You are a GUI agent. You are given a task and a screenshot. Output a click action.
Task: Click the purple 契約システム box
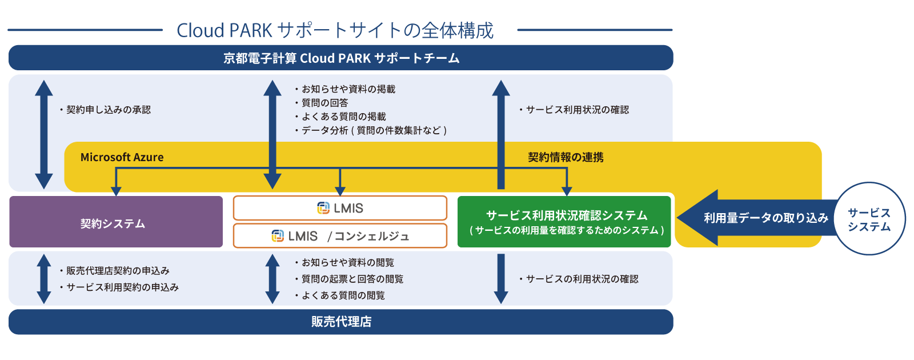click(116, 222)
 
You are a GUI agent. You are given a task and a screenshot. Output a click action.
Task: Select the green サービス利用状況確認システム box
click(564, 222)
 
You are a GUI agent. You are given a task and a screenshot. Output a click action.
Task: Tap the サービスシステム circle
click(869, 219)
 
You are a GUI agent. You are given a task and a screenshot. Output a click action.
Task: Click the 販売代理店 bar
click(340, 322)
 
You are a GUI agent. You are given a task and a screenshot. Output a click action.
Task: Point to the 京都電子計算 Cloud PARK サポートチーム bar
click(340, 58)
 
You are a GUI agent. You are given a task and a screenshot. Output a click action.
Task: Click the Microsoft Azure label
click(122, 157)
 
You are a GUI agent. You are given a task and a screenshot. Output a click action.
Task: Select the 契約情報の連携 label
click(566, 157)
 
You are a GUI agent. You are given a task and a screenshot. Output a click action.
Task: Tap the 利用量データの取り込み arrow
click(754, 218)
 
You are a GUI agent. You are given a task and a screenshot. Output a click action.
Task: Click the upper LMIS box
click(340, 208)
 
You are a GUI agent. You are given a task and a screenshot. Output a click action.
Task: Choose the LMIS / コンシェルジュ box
click(340, 235)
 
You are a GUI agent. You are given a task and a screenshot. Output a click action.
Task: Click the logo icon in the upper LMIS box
click(323, 208)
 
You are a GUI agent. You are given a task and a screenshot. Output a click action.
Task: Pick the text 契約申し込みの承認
click(108, 110)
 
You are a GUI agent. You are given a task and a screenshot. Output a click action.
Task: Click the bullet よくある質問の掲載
click(343, 117)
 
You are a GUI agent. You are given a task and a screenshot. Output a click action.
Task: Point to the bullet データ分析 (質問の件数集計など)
click(374, 130)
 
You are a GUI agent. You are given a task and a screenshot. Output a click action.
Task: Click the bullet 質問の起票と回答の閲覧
click(352, 279)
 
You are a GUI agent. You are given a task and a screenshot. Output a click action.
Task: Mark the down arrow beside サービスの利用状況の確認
click(501, 279)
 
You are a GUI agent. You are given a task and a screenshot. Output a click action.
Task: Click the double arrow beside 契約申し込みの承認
click(44, 134)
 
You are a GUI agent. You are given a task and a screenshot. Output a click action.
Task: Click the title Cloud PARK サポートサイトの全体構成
click(335, 30)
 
